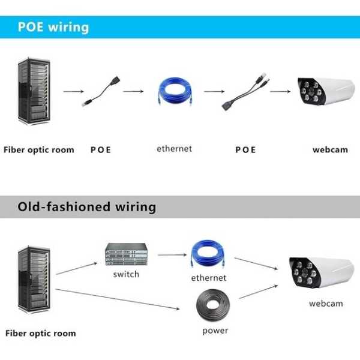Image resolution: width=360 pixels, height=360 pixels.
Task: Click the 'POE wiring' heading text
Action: coord(53,28)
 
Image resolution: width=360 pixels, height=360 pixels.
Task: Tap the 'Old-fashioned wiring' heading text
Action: coord(87,207)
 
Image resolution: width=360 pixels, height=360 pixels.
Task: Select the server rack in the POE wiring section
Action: coord(34,91)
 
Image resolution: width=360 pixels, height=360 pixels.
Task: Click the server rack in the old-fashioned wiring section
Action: coord(34,279)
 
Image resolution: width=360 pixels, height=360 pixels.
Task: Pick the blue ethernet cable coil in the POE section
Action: coord(175,91)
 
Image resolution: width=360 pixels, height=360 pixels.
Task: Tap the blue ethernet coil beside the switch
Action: coord(208,253)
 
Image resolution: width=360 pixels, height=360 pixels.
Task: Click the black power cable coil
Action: coord(213,305)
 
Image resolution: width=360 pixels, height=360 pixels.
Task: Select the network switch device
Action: coord(126,254)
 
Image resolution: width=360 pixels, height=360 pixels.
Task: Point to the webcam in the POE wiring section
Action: coord(326,91)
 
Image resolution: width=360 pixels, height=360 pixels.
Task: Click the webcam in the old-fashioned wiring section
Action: coord(322,272)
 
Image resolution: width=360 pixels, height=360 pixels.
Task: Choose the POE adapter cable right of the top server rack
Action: coord(101,91)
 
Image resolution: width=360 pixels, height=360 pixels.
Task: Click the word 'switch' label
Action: coord(126,274)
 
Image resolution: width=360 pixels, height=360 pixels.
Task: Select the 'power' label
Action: coord(215,331)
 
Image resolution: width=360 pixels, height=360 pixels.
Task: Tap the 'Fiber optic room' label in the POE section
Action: coord(39,150)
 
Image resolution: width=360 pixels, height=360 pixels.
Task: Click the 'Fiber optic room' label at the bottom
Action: coord(41,334)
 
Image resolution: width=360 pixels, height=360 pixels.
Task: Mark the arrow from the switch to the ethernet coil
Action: coord(172,255)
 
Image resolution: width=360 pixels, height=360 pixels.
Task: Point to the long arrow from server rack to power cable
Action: coord(118,299)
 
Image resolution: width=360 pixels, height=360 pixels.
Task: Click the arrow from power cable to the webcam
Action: coord(259,292)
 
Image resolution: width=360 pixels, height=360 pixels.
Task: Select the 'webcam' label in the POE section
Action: coord(330,150)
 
